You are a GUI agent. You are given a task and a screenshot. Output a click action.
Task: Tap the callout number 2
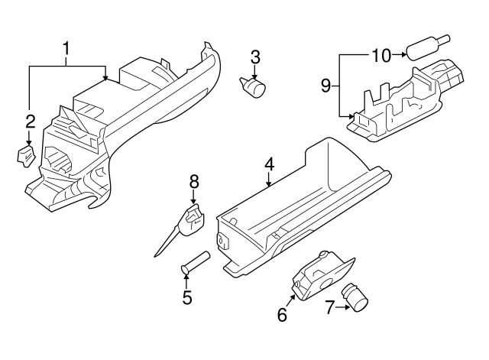coord(30,121)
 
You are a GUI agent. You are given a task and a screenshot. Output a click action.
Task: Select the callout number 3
coord(255,57)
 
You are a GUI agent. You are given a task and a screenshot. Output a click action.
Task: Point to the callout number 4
coord(269,164)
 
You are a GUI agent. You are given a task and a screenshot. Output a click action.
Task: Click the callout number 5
coord(187,297)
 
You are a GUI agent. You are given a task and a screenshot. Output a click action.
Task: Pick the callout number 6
coord(282,313)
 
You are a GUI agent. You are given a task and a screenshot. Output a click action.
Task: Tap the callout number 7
coord(330,308)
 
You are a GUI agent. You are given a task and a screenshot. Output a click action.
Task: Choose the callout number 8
coord(193,181)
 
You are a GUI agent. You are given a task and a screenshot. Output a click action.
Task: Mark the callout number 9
coord(325,86)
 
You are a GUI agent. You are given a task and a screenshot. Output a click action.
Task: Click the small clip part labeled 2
coord(26,156)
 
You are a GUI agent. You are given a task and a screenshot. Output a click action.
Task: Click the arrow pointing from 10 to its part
coord(399,55)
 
